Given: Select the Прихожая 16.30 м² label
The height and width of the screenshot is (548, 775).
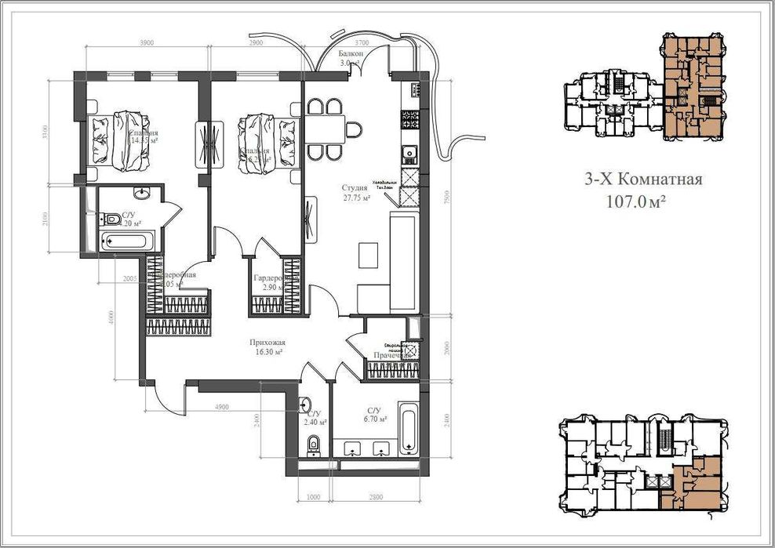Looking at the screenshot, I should (x=267, y=347).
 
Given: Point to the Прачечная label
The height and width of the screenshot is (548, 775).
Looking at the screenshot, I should (x=393, y=355).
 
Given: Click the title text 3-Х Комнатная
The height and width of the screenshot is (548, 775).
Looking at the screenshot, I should (x=642, y=180).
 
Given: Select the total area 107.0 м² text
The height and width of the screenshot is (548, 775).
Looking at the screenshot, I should (x=636, y=201).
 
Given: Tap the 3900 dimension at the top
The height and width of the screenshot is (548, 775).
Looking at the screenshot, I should (x=147, y=42).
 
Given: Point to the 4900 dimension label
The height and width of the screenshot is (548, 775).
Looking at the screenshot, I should (x=222, y=408).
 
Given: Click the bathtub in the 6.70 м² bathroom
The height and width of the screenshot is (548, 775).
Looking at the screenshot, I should (x=409, y=428).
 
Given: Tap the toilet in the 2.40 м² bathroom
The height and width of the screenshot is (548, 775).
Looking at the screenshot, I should (x=315, y=445).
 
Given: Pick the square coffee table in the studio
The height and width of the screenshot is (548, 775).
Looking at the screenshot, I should (x=368, y=255).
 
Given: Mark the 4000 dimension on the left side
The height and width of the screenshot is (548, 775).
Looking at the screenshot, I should (x=112, y=317).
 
